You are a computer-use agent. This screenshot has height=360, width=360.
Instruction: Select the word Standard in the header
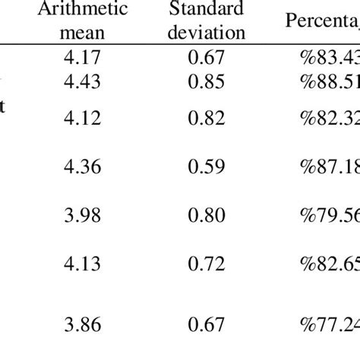click(217, 10)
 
